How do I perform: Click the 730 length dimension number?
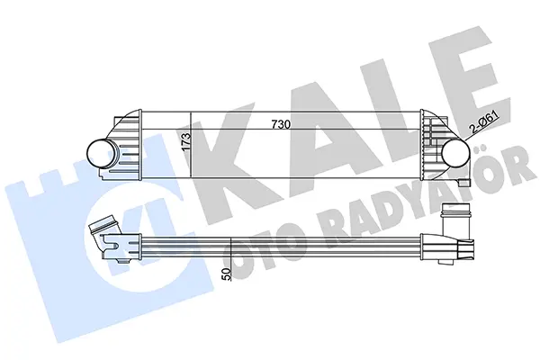(281, 124)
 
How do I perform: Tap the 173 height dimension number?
(185, 141)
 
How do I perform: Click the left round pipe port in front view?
(100, 153)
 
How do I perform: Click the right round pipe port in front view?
(455, 153)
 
